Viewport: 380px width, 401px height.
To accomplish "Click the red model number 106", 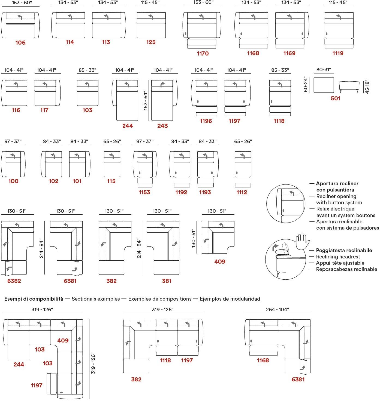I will point(20,43).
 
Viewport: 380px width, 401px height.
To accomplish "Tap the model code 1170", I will point(203,54).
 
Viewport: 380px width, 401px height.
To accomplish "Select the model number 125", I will point(151,42).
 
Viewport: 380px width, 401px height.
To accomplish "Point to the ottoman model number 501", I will point(336,98).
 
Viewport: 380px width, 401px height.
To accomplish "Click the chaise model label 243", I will point(162,126).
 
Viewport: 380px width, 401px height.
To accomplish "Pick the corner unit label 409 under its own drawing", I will point(220,262).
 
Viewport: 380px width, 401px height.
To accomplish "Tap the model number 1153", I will point(144,192).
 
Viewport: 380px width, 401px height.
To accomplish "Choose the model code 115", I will point(111,181).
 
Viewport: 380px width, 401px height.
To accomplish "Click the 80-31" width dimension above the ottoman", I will point(324,70).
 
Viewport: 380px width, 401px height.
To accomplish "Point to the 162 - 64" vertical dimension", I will point(146,100).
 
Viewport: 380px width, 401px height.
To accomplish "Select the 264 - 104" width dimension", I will point(277,309).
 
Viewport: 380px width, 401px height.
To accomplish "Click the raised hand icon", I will point(303,240).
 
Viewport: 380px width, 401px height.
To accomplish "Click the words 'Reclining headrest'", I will point(338,257).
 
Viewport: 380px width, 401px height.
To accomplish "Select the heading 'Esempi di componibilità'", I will point(34,299).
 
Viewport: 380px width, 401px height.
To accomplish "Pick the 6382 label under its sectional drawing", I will point(14,281).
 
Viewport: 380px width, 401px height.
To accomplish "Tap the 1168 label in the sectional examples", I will point(263,360).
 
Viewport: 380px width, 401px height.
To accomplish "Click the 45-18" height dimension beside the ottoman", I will point(367,87).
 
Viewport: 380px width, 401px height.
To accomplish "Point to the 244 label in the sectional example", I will point(19,365).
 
